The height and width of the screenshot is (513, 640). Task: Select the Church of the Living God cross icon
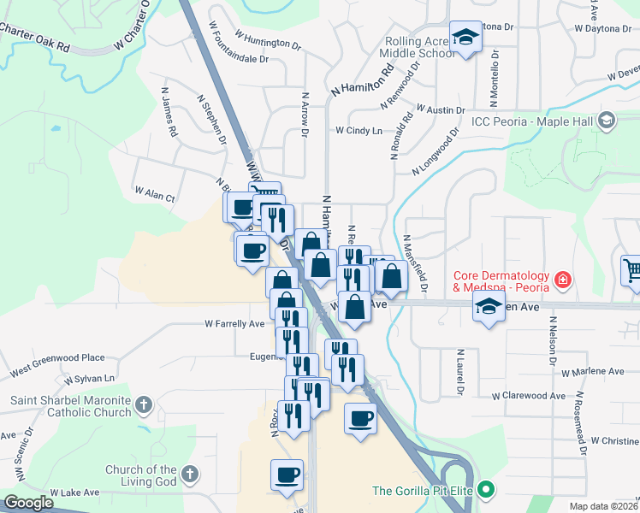[190, 472]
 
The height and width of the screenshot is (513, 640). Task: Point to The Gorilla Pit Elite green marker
[487, 490]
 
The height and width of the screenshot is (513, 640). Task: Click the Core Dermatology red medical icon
[563, 279]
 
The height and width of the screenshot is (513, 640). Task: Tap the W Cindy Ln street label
[359, 131]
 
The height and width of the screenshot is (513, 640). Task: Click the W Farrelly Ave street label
[234, 324]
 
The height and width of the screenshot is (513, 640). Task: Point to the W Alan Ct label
[155, 195]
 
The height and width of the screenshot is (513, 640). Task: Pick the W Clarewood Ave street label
[529, 396]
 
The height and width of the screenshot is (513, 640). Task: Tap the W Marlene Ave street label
[593, 372]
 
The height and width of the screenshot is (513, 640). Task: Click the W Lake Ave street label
[74, 492]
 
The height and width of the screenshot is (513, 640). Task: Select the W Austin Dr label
[440, 110]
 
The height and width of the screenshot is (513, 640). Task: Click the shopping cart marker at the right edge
[631, 270]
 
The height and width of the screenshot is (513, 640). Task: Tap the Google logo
[28, 504]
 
